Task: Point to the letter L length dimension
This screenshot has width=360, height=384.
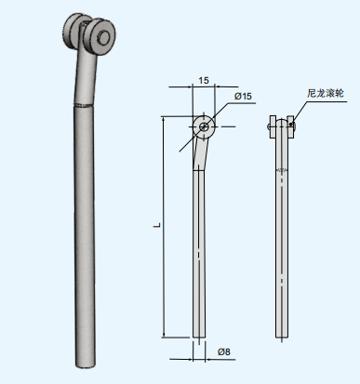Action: [154, 226]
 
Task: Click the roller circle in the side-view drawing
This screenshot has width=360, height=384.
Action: [204, 125]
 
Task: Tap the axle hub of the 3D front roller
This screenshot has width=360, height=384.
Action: [105, 38]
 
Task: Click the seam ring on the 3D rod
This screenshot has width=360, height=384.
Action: [85, 109]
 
